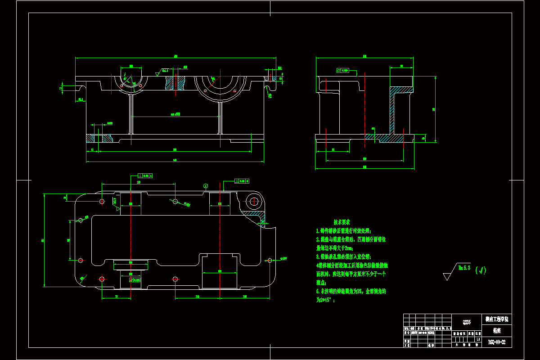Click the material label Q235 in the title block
[467, 322]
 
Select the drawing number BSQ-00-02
[497, 342]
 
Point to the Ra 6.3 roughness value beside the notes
[464, 268]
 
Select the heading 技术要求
[342, 222]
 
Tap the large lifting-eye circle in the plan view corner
[254, 201]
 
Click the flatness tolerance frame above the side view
[343, 71]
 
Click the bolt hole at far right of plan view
[270, 260]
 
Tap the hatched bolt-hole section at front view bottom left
[100, 138]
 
